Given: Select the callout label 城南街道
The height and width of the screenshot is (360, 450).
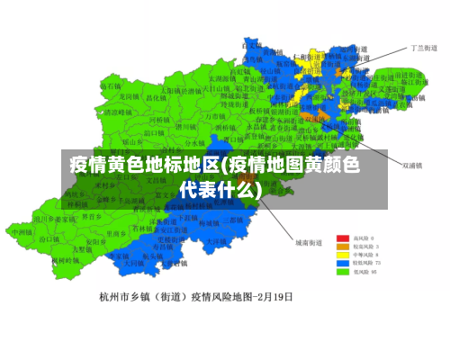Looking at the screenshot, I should pos(308,243).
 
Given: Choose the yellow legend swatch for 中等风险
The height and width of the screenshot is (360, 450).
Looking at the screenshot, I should pos(343,254).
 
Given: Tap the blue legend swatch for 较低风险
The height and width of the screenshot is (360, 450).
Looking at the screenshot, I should pos(343,263).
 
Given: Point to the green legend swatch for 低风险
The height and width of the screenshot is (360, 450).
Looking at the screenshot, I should pos(343,272).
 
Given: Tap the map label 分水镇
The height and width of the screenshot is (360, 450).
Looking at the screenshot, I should pos(195,142).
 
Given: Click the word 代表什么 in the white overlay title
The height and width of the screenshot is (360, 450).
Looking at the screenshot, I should pos(220,190).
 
